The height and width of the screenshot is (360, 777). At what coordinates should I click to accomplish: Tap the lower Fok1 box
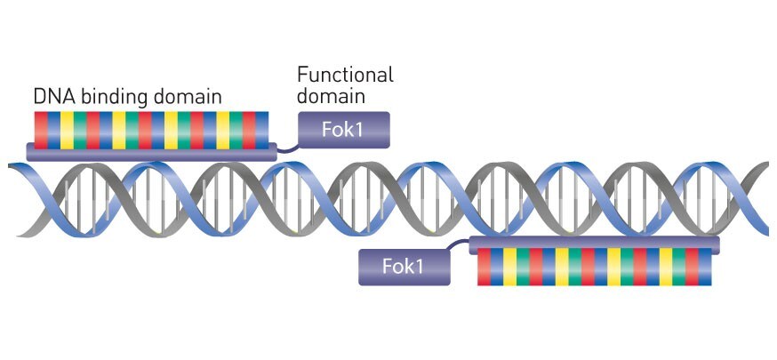pos(404,267)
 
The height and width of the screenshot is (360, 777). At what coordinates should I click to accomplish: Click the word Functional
pos(345,75)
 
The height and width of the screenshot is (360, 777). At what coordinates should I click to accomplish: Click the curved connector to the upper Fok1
pos(286,148)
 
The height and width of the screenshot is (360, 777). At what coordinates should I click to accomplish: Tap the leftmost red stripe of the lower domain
pos(484,267)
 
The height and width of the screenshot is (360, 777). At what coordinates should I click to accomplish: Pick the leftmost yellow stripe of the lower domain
pos(509,267)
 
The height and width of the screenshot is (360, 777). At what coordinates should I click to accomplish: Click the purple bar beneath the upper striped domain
pos(151,152)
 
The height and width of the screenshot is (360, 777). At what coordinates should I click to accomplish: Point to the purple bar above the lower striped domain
pos(594,243)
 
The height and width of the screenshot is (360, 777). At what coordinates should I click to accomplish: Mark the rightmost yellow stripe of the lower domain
pos(666,267)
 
